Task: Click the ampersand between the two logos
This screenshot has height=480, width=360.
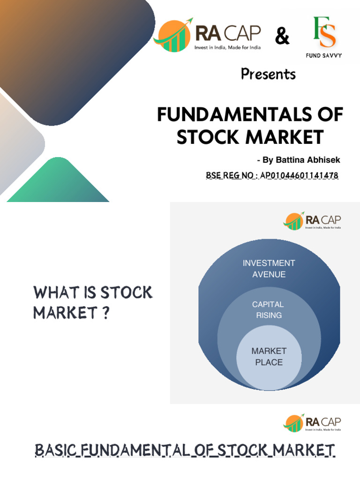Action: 282,37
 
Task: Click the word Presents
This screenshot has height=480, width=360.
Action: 268,74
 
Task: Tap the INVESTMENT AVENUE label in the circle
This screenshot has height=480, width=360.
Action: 269,269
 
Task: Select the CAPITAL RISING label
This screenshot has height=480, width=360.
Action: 269,310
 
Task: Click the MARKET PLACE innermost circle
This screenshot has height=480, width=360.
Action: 269,356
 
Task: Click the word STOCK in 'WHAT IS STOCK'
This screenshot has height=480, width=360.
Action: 127,293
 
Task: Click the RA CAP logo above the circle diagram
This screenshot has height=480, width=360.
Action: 312,221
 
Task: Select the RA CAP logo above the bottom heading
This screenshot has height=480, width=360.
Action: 312,423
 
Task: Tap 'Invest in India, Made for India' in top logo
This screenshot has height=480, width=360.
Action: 228,47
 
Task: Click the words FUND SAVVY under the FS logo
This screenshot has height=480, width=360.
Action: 323,55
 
